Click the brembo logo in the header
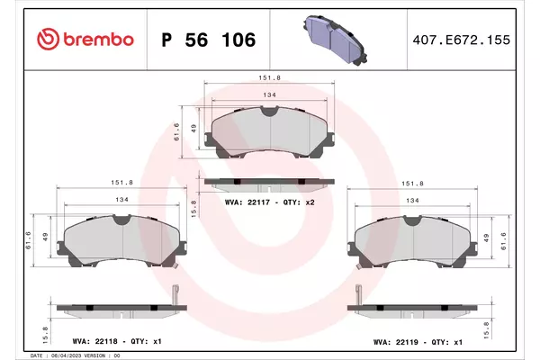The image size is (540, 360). click(85, 40)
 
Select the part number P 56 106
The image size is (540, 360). click(209, 40)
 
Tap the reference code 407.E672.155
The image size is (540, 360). click(462, 40)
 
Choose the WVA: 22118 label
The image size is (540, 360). click(94, 341)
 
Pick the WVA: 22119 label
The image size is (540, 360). click(396, 342)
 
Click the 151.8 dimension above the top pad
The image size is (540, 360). click(270, 78)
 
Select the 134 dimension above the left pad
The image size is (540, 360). click(121, 200)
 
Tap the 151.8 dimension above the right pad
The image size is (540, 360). click(412, 184)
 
